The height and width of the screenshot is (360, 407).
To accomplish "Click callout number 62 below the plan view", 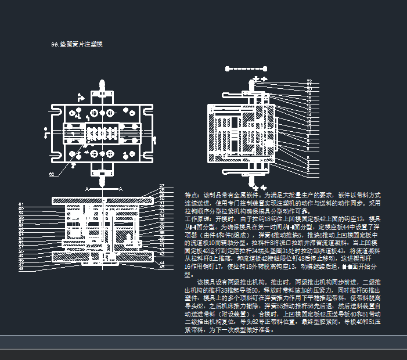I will click(52, 174).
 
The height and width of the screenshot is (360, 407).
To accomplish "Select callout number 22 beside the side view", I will click(309, 81).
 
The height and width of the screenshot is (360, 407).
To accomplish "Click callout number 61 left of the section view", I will click(21, 204).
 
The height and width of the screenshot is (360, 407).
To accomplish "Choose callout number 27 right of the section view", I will click(162, 186).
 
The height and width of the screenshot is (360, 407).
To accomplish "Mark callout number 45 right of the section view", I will click(162, 267).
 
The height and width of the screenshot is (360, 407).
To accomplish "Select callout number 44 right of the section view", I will click(162, 263).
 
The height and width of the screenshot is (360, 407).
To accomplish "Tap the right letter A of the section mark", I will click(121, 189).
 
